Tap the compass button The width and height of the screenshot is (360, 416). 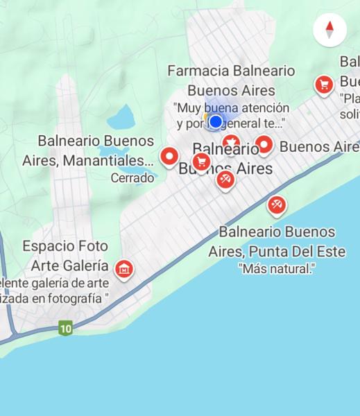329,31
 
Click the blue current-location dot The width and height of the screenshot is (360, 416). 216,122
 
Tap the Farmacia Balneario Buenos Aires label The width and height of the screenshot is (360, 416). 231,80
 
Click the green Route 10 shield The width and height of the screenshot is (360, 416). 65,328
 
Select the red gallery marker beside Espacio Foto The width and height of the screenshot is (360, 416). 124,268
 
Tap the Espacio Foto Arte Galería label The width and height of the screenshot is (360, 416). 66,256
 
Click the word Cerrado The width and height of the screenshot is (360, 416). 132,178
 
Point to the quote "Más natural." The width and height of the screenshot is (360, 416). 276,268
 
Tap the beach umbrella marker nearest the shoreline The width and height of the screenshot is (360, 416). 276,205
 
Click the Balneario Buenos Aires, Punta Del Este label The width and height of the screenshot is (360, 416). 277,241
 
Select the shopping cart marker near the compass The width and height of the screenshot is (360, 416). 323,85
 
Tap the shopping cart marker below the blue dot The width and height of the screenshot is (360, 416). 201,162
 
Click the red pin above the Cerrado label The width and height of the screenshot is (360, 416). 169,157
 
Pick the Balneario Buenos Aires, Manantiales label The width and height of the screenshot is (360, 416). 88,150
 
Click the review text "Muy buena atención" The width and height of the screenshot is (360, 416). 231,107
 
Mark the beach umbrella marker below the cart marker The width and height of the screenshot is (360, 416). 225,180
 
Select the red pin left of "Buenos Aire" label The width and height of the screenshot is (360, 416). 264,145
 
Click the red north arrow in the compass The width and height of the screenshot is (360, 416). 329,26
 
